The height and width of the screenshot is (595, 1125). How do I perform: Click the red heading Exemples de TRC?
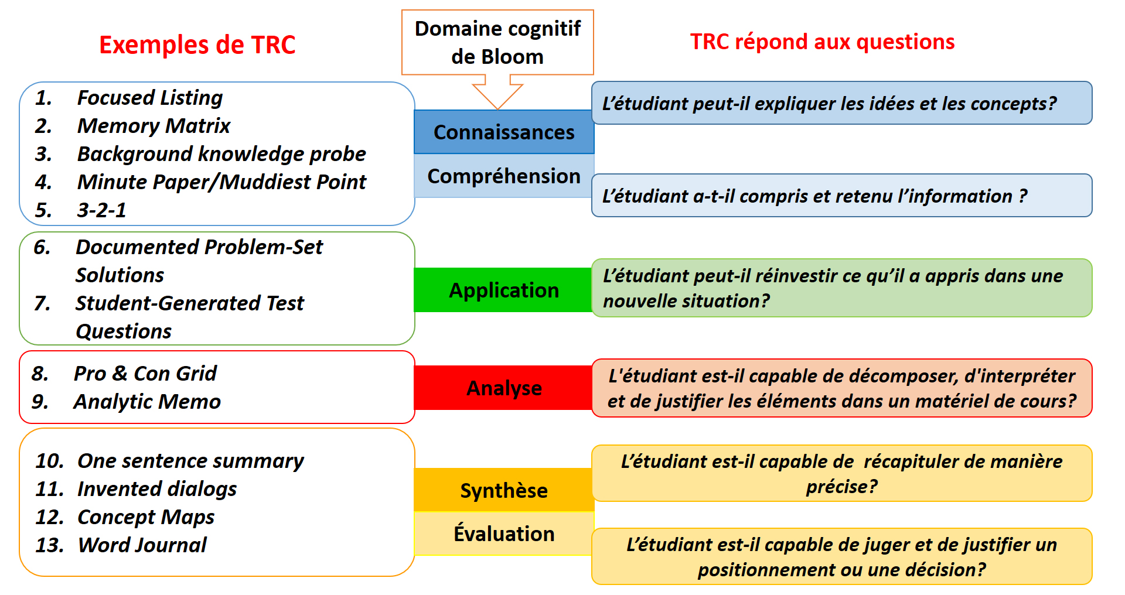point(197,45)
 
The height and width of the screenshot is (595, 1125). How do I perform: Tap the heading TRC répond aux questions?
point(822,42)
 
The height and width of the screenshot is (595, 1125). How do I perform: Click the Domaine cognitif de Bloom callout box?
point(497,42)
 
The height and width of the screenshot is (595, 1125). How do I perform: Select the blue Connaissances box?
point(504,132)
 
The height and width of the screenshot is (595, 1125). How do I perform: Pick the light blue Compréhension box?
point(504,176)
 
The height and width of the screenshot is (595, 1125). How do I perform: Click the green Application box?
point(503,290)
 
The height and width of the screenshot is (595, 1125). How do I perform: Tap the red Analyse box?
point(503,388)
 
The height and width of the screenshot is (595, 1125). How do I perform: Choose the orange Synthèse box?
point(504,490)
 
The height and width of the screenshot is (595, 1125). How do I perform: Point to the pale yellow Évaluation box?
point(504,534)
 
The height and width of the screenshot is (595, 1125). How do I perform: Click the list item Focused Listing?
point(150,98)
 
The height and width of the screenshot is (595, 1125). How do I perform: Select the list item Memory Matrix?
point(154,126)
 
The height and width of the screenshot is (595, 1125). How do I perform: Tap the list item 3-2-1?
point(101,210)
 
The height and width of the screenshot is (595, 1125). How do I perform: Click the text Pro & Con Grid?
point(145,373)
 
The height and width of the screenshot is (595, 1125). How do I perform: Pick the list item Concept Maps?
point(146,517)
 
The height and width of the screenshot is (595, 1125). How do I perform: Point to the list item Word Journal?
point(142,545)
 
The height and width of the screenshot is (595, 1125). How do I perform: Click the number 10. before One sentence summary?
point(49,461)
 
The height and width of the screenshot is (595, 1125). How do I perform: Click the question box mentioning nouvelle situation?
point(842,288)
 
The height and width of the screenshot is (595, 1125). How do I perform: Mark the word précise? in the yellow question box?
point(842,487)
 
